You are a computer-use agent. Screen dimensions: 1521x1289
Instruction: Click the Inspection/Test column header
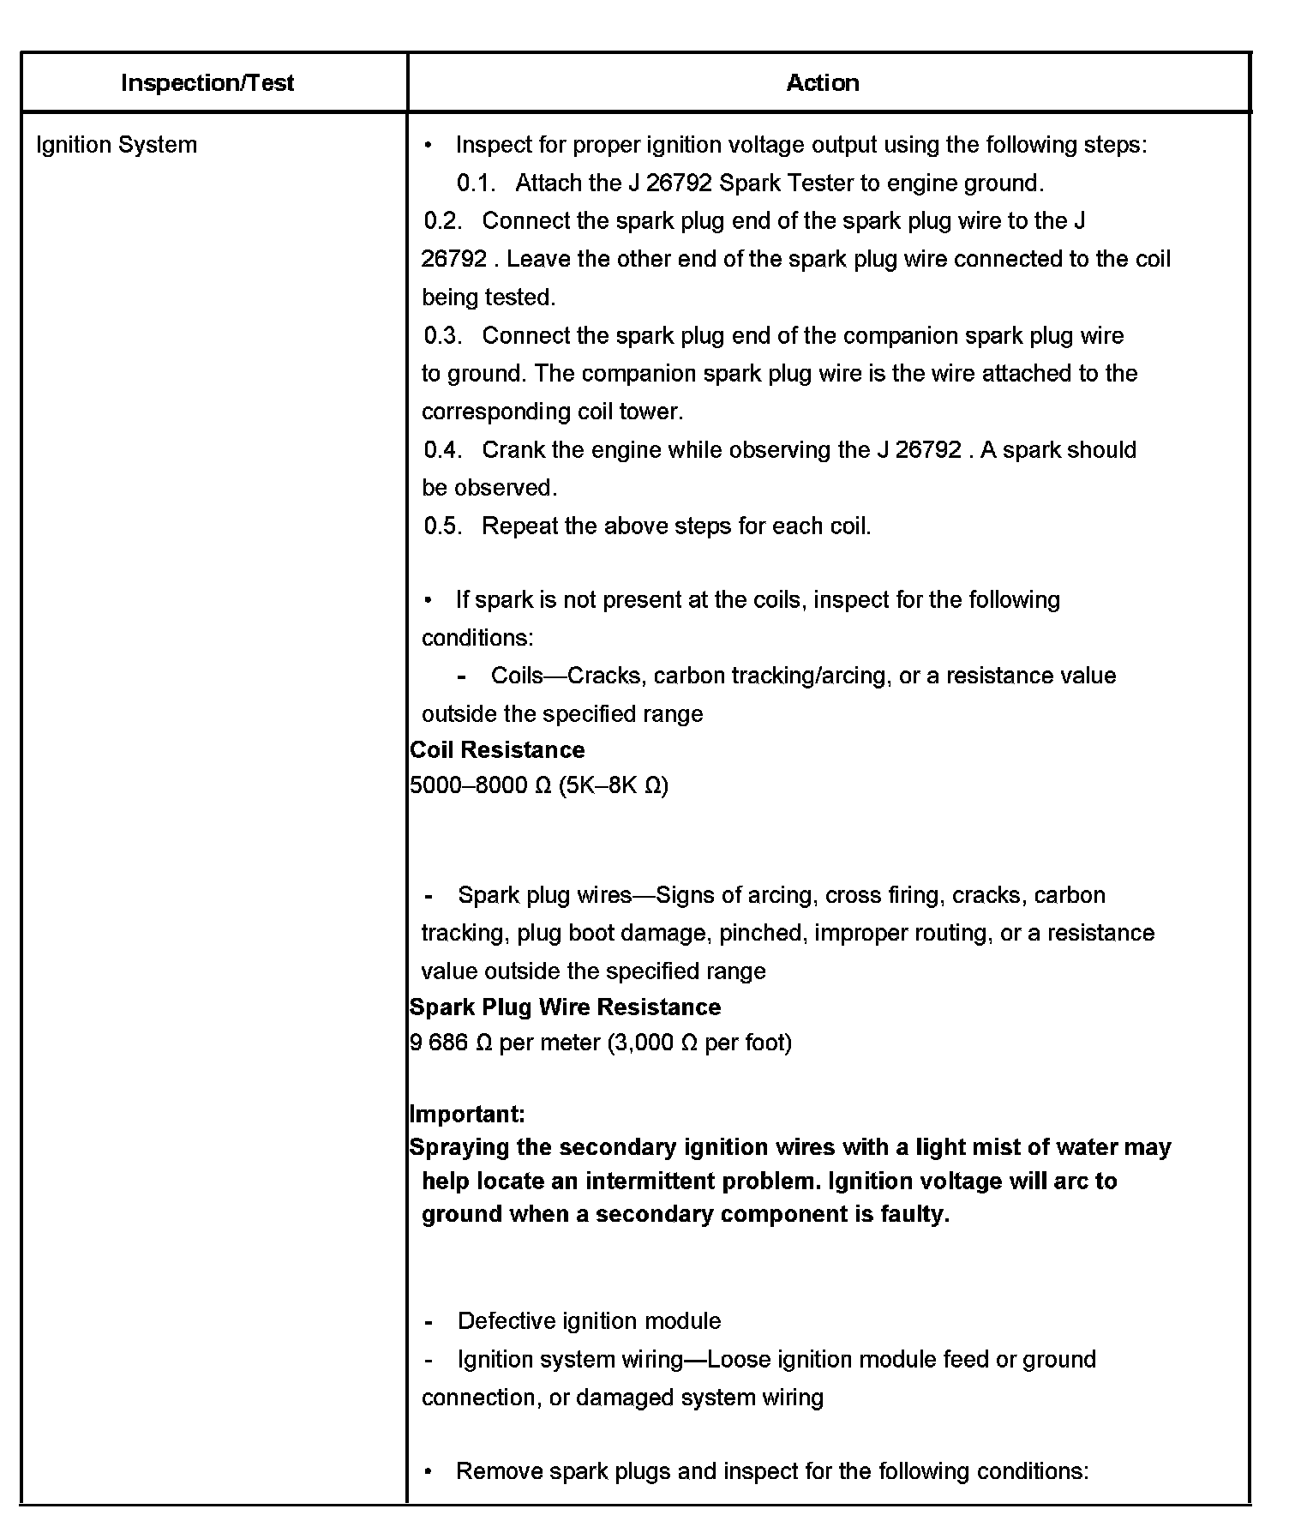coord(207,83)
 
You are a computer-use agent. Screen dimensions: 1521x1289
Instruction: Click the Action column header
coord(823,83)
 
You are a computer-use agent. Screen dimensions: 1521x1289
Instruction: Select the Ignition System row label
coord(117,145)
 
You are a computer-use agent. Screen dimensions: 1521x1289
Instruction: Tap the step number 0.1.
coord(477,183)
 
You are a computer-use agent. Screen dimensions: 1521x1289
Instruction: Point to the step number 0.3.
coord(443,336)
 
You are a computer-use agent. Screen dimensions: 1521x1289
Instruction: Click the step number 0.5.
coord(443,526)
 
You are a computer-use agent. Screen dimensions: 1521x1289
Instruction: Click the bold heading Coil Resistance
coord(497,750)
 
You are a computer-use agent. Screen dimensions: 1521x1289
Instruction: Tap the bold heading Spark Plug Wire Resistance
coord(566,1007)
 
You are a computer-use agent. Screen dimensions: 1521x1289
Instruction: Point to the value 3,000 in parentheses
coord(644,1043)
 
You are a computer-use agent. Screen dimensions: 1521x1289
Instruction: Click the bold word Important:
coord(467,1115)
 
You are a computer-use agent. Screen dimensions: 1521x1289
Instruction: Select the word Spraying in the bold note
coord(453,1148)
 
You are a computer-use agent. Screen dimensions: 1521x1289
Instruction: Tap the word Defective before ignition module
coord(507,1321)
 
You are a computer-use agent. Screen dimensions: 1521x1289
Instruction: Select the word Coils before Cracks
coord(518,676)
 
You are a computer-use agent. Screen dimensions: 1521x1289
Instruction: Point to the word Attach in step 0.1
coord(546,183)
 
